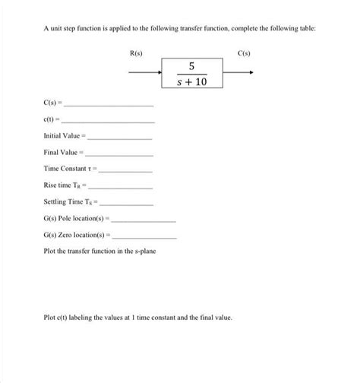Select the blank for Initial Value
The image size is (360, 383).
coord(121,138)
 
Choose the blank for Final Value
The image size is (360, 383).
coord(122,154)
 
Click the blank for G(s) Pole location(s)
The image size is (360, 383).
coord(144,220)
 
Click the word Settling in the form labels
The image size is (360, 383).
coord(56,204)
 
